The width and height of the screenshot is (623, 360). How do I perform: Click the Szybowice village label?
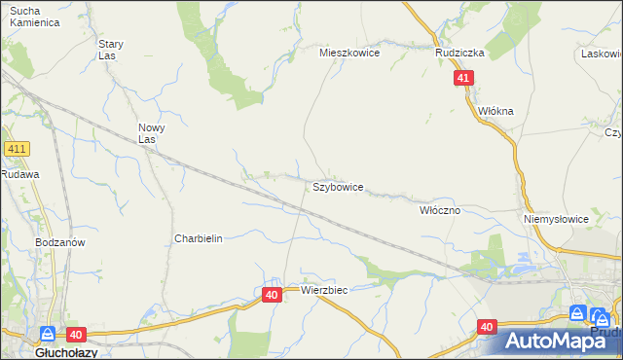click(x=338, y=186)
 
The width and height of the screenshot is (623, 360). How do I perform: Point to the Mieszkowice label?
click(x=350, y=54)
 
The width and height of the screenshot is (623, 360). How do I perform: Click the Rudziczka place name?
click(x=460, y=54)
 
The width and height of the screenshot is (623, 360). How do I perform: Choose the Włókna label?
click(x=495, y=111)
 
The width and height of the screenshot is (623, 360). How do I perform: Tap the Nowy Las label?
click(x=153, y=133)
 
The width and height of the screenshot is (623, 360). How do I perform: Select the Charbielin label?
click(x=199, y=238)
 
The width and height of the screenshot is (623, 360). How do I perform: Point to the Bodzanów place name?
click(x=59, y=242)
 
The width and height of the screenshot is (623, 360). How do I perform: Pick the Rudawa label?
click(x=18, y=174)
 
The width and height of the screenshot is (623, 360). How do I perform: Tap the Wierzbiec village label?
click(x=324, y=290)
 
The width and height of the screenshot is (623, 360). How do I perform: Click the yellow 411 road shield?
click(x=17, y=149)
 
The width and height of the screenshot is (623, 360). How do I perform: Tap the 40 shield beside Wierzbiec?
click(x=272, y=294)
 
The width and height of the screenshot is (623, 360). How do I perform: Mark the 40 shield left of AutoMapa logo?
click(x=487, y=328)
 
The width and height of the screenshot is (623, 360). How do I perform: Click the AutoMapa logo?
click(x=563, y=341)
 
